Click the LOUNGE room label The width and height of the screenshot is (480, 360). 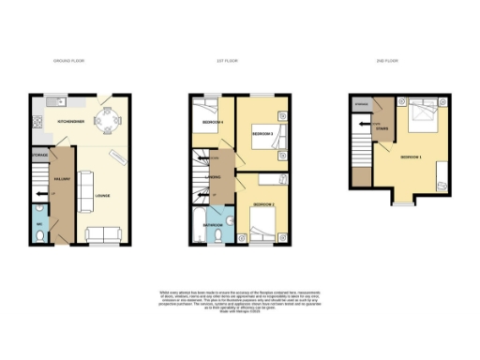pos(101,196)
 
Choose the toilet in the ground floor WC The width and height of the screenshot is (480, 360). pos(38,236)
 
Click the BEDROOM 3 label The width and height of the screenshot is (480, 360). pos(262,134)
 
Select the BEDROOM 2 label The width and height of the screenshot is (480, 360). pos(263,203)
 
